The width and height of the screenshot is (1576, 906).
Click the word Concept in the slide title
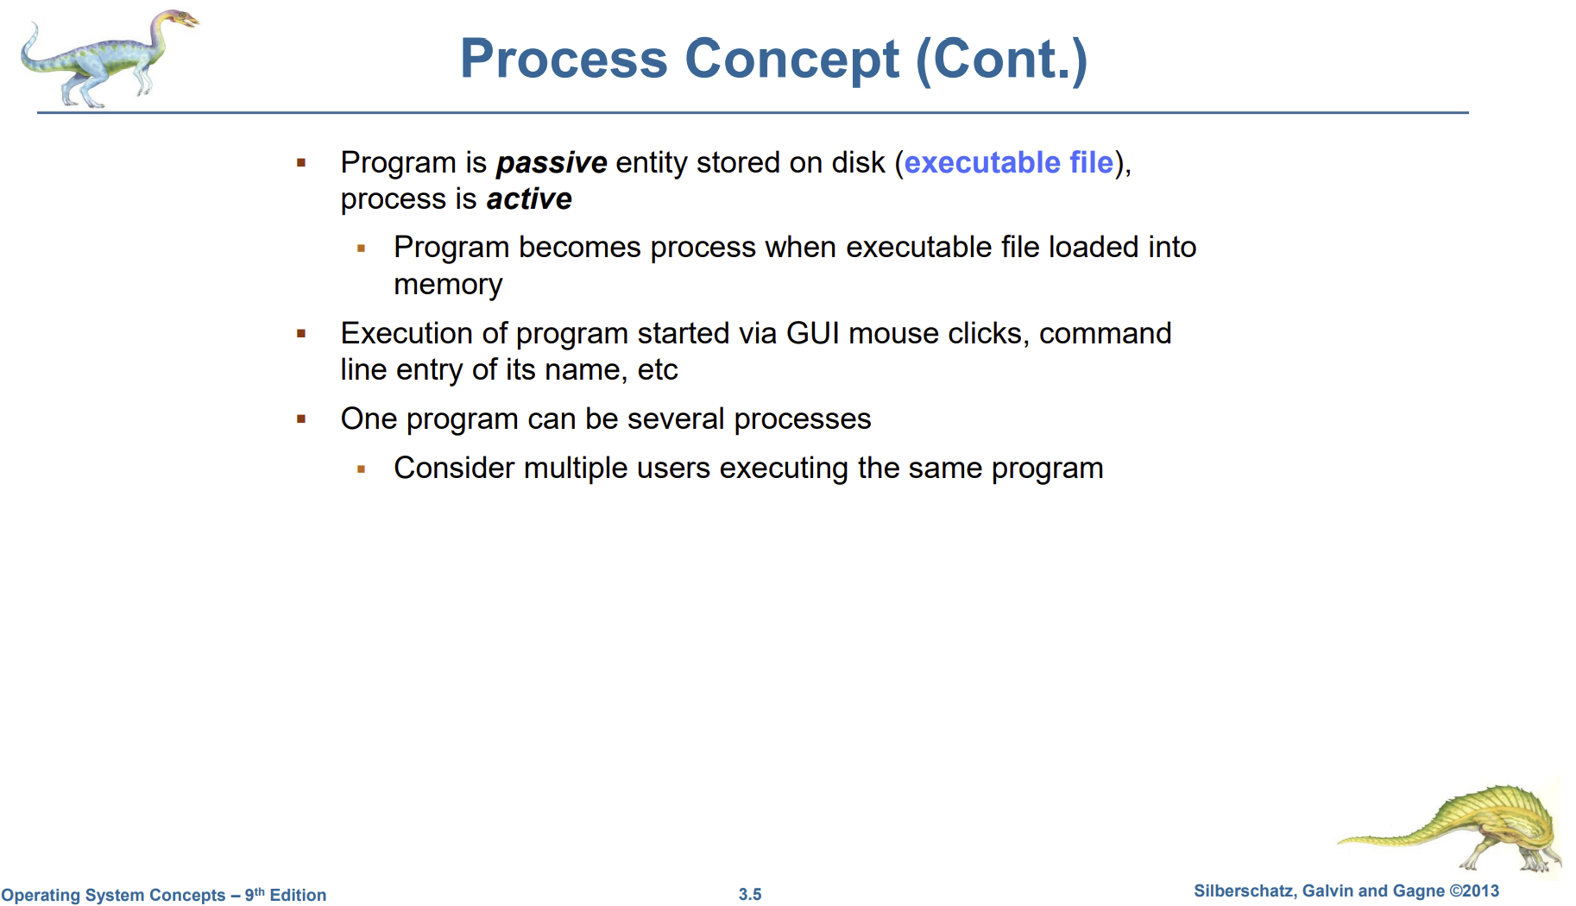792,60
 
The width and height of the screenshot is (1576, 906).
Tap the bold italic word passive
552,163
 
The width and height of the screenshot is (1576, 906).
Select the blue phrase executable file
1009,162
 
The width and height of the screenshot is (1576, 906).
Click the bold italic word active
529,199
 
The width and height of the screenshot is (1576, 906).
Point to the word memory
448,285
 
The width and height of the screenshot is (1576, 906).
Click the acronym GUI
813,333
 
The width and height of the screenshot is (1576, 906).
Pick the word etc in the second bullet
658,370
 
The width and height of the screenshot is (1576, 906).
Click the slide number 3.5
750,895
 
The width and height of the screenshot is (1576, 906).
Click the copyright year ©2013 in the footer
1474,891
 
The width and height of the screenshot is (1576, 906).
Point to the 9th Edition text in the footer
286,895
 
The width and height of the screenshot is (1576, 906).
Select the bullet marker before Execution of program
301,334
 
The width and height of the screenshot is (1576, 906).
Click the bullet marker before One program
301,419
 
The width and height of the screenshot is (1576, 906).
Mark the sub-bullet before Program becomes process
362,249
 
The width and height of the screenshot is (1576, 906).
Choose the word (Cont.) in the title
1002,60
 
